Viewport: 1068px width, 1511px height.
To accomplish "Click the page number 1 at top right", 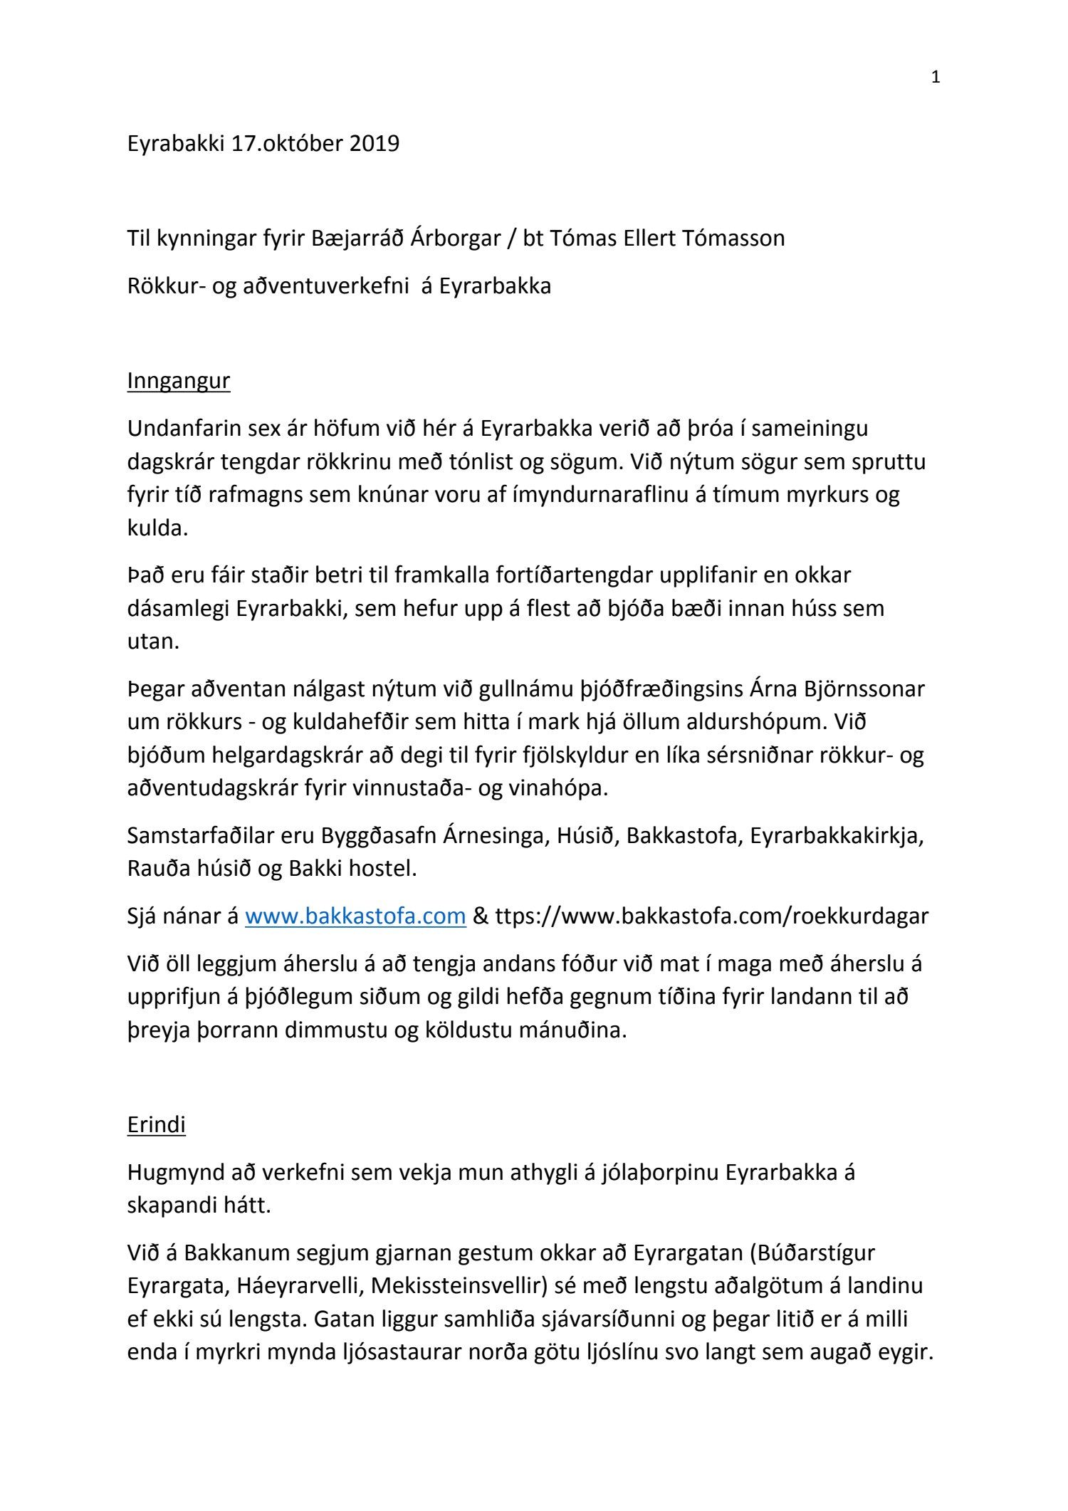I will [936, 78].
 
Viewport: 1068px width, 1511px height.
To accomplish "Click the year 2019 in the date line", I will [374, 144].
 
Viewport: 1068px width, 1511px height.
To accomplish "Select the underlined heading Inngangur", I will [179, 381].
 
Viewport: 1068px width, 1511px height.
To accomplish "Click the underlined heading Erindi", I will [156, 1124].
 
